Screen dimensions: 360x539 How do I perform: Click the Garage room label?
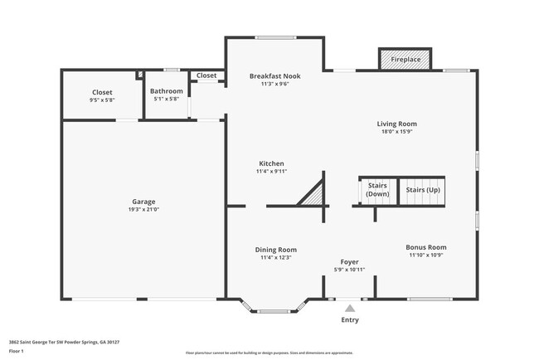[143, 202]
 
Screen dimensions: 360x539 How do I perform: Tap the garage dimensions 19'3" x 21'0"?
[143, 210]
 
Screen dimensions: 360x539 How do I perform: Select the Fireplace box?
[405, 60]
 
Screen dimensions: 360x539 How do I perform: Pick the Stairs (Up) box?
[423, 190]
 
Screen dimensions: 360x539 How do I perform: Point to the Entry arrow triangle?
[350, 307]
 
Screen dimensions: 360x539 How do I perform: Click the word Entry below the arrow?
[350, 319]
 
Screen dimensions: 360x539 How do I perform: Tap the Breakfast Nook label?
[274, 75]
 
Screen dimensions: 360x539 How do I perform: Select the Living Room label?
[396, 124]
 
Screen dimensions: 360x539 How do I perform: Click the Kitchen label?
[272, 163]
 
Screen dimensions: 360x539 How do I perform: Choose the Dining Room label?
[274, 250]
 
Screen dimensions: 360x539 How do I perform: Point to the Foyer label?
[349, 261]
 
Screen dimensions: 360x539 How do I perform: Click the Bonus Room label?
[426, 247]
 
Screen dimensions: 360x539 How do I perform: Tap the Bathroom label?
[166, 91]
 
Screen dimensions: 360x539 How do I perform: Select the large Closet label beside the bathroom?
[101, 92]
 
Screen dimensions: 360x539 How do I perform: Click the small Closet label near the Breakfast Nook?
[206, 75]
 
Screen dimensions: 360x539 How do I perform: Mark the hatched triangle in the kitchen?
[313, 194]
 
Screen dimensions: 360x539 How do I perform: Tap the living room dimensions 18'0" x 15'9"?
[396, 132]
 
